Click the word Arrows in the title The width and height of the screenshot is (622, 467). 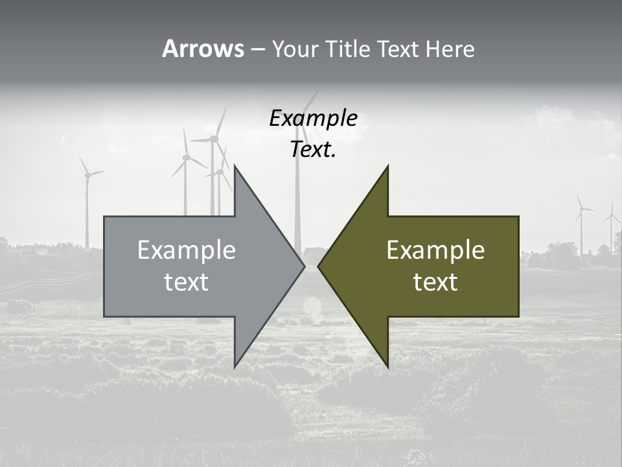coord(203,49)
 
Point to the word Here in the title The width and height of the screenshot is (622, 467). coord(450,49)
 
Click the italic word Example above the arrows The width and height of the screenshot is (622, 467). coord(314,119)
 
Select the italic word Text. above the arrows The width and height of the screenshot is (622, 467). coord(314,150)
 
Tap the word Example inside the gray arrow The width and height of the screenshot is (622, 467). coord(187,250)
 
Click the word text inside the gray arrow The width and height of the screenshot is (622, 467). coord(187,282)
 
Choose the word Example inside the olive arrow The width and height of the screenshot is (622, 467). coord(435,250)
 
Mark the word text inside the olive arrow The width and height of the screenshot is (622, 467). coord(435,282)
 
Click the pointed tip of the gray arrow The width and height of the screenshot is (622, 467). coord(305,266)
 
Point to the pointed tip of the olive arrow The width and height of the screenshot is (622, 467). coord(318,266)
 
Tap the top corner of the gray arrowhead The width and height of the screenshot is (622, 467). coord(235,166)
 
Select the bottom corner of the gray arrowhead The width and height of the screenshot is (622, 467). coord(235,367)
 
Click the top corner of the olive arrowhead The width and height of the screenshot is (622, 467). coord(387,166)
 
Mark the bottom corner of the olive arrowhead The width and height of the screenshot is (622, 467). coord(387,367)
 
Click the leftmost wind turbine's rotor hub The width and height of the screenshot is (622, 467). coord(86,174)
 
